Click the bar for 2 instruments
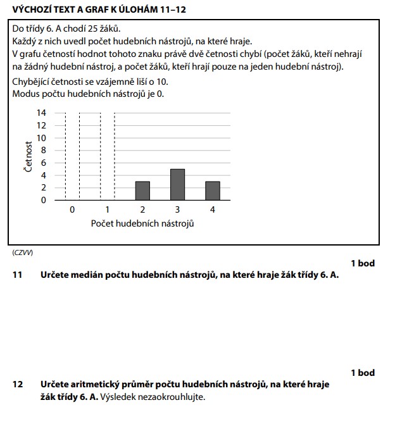coord(142,190)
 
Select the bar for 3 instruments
coord(177,184)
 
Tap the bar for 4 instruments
coord(212,190)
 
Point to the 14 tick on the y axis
coord(42,113)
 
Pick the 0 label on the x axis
coord(72,209)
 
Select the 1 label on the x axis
coord(108,209)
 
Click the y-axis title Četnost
coord(28,156)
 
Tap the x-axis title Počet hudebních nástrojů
coord(142,224)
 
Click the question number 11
coord(18,275)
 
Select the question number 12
coord(18,385)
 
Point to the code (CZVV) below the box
coord(23,253)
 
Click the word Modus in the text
coord(26,94)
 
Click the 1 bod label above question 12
coord(363,373)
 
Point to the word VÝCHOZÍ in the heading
coord(31,9)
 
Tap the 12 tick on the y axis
coord(42,125)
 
